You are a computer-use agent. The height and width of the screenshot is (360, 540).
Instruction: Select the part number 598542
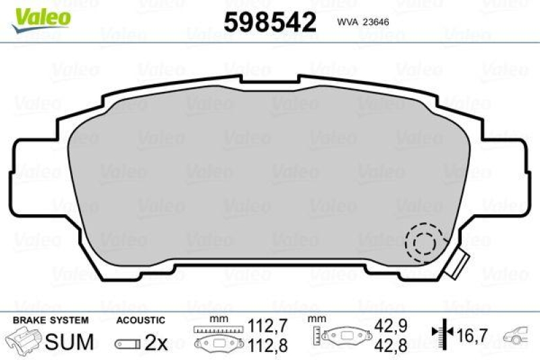click(x=269, y=22)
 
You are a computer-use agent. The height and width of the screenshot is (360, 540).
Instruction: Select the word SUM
click(x=69, y=342)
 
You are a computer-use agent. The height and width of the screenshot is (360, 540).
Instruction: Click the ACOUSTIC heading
click(x=140, y=320)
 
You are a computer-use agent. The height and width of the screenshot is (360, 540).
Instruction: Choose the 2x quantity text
click(x=156, y=342)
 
